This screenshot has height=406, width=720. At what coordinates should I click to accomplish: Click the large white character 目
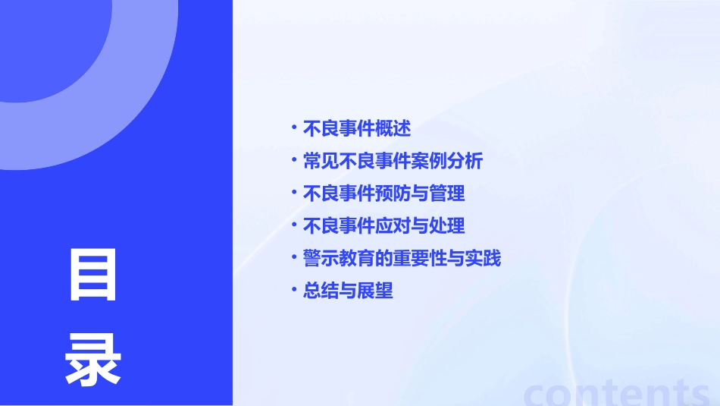[x=93, y=275]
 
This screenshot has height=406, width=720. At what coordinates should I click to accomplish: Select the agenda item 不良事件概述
[x=356, y=129]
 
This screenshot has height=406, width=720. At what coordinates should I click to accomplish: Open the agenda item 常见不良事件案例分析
[x=393, y=162]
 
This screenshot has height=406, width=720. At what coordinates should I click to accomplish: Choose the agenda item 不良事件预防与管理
[x=383, y=194]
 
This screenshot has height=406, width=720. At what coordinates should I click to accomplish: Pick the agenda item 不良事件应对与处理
[x=383, y=226]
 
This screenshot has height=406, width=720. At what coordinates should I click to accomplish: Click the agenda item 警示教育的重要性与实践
[x=402, y=259]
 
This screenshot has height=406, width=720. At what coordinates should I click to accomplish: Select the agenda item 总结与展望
[x=348, y=291]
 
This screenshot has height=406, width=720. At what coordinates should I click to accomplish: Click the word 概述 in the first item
[x=393, y=129]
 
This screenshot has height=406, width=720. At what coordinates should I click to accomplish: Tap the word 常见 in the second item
[x=321, y=162]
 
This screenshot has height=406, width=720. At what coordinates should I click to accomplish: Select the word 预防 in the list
[x=393, y=194]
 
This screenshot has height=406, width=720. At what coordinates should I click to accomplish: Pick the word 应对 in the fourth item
[x=393, y=226]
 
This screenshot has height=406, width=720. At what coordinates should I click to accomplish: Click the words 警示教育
[x=339, y=259]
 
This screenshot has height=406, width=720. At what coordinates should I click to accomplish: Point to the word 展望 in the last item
[x=375, y=291]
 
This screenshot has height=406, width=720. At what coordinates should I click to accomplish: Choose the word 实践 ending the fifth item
[x=483, y=259]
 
